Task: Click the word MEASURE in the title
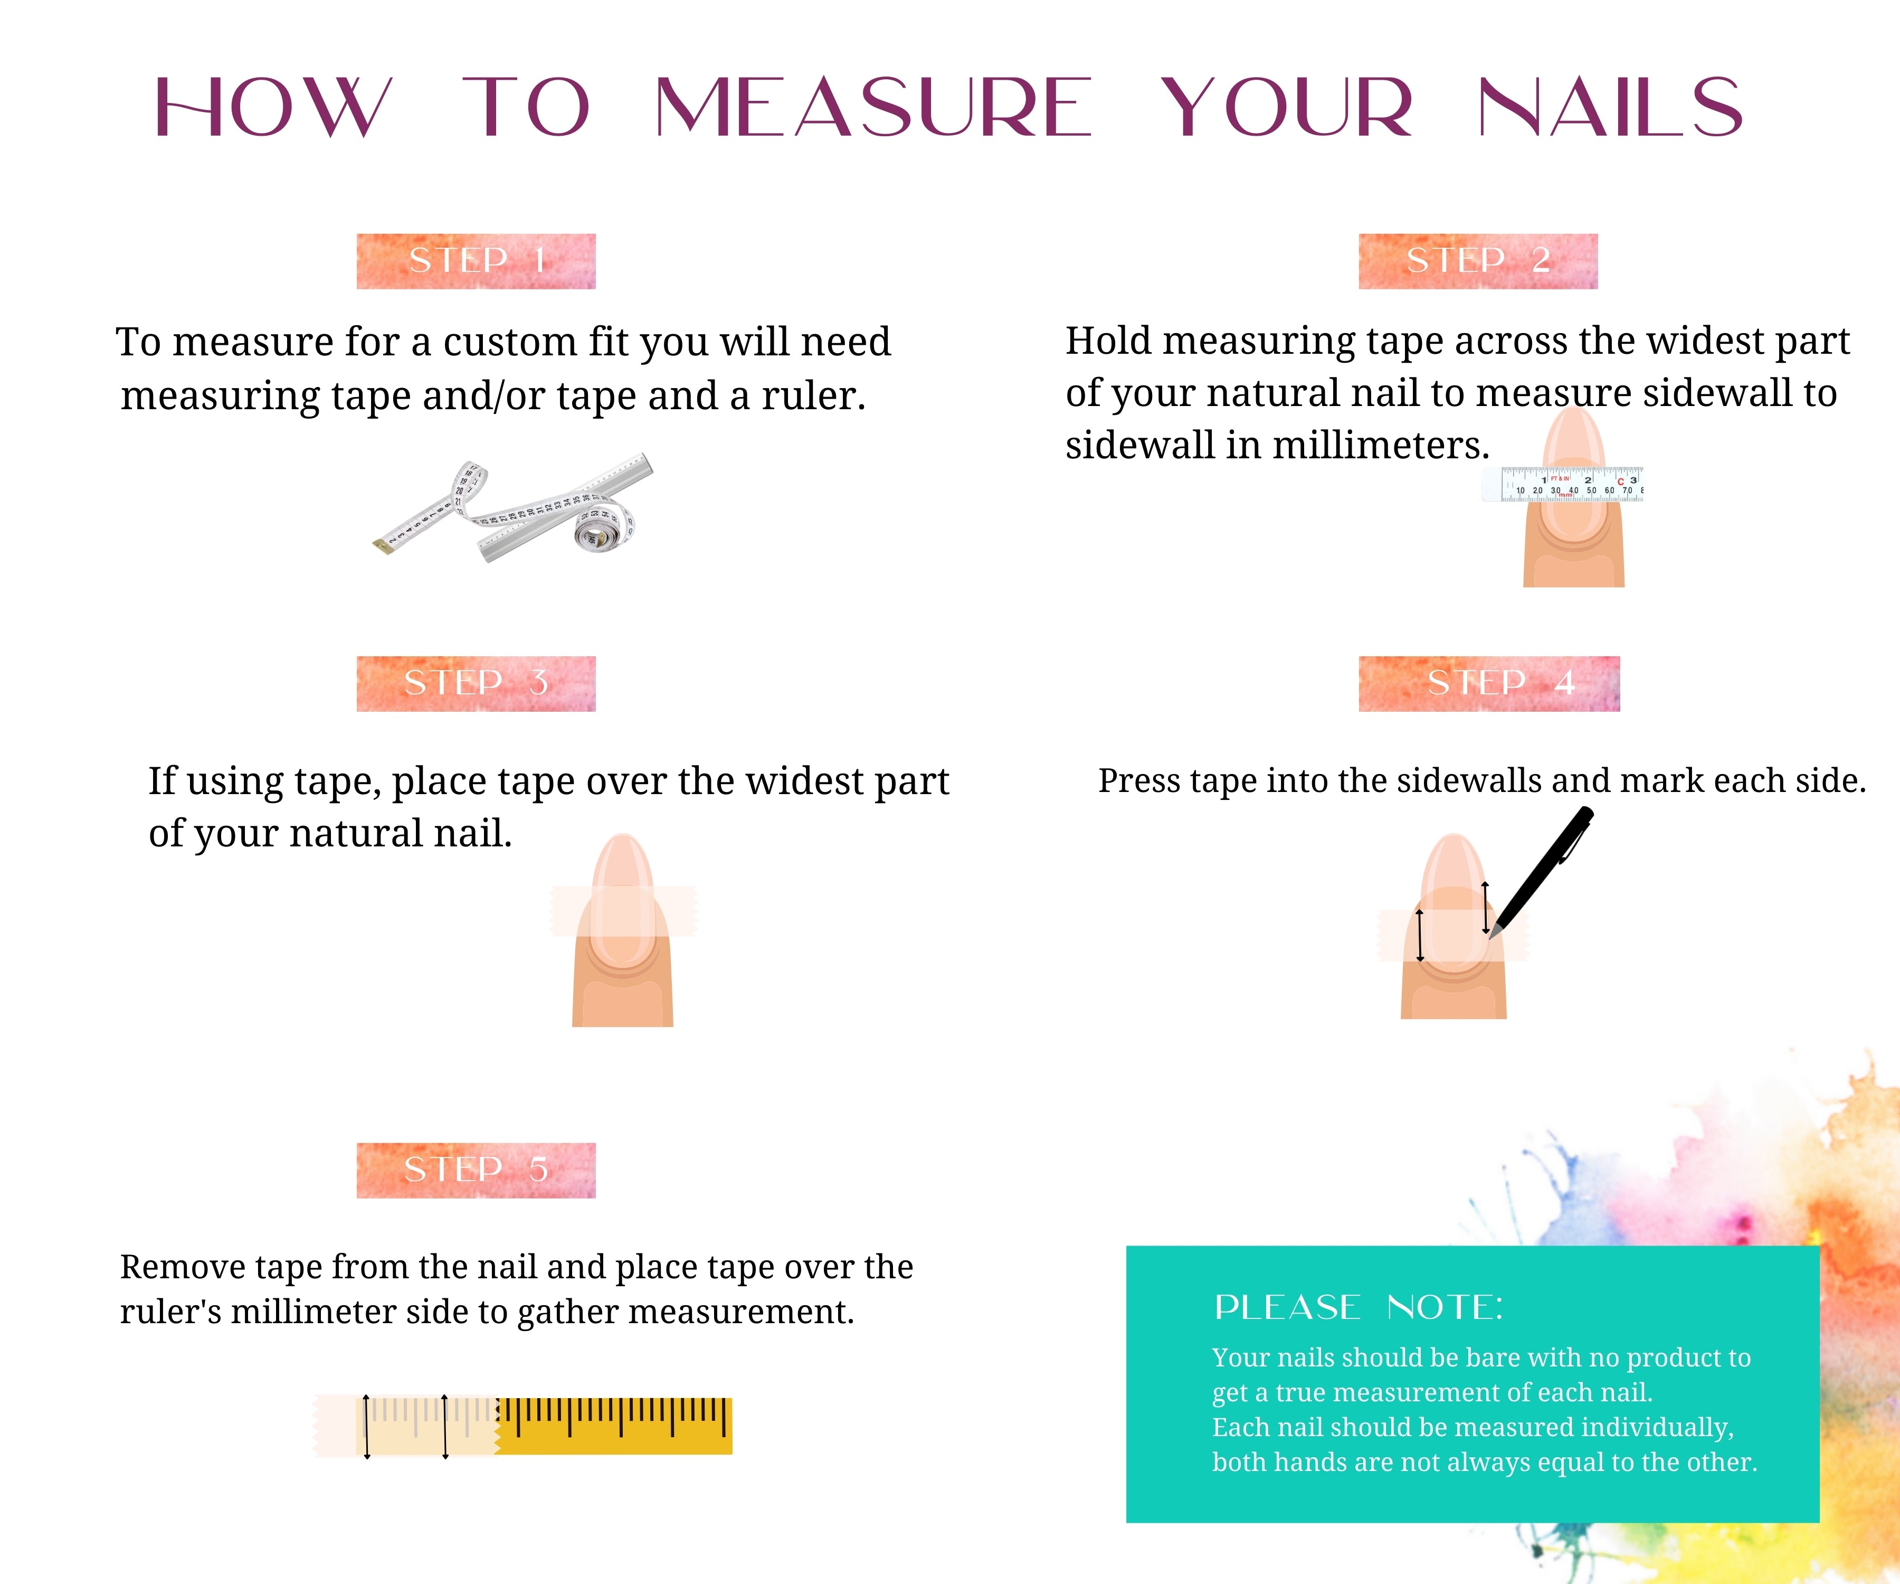pyautogui.click(x=873, y=107)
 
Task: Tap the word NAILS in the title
pyautogui.click(x=1610, y=107)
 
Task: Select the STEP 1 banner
pyautogui.click(x=476, y=261)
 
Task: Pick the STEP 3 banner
pyautogui.click(x=476, y=683)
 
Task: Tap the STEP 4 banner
pyautogui.click(x=1489, y=683)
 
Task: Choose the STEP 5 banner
pyautogui.click(x=476, y=1171)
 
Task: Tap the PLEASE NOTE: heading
pyautogui.click(x=1358, y=1307)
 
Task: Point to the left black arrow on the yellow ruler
pyautogui.click(x=366, y=1427)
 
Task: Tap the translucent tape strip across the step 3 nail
pyautogui.click(x=623, y=911)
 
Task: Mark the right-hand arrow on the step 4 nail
pyautogui.click(x=1485, y=907)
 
